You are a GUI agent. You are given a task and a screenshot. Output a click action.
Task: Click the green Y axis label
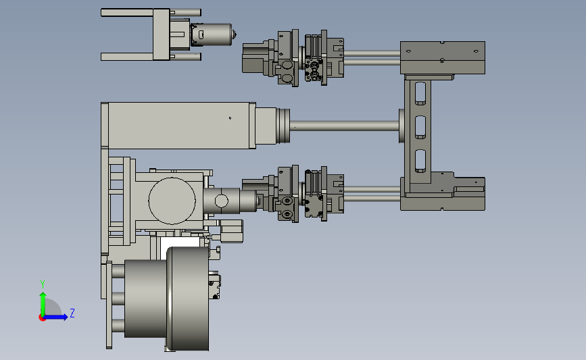coord(43,284)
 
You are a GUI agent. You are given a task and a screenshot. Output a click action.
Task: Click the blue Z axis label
coord(72,313)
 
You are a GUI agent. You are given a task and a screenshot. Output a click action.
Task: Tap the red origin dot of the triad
coord(42,318)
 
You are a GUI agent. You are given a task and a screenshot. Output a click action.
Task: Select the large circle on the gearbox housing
coord(172,201)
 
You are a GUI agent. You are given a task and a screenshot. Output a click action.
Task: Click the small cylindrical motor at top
coord(211,34)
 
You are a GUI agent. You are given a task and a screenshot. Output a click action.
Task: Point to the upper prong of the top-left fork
coord(127,13)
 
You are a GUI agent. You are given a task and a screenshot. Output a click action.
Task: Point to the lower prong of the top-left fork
coord(127,57)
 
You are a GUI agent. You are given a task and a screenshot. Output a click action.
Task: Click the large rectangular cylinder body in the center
coord(178,126)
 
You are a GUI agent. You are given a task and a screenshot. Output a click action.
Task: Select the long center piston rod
coord(344,126)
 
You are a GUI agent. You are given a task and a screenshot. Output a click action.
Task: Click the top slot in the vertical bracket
coord(420,93)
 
